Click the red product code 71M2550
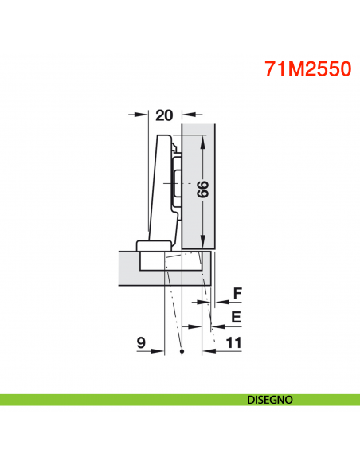[x=307, y=68]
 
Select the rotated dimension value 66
[x=202, y=190]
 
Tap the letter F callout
[x=237, y=293]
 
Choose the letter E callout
[x=235, y=317]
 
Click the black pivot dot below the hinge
[x=182, y=351]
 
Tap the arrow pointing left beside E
[x=218, y=326]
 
